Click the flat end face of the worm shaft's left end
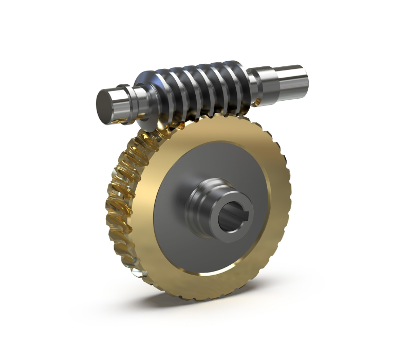107,106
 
